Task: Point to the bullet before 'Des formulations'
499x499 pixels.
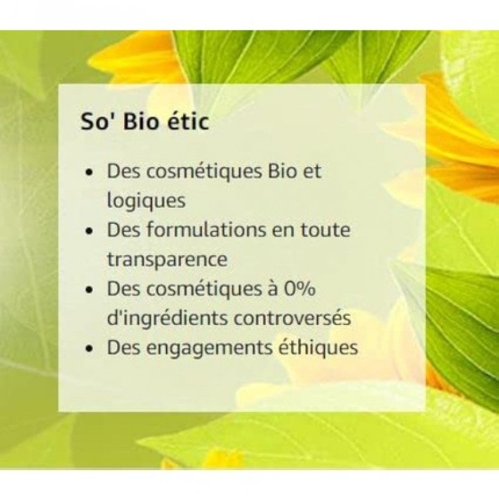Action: [x=91, y=231]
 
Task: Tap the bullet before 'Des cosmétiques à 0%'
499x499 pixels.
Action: [x=91, y=290]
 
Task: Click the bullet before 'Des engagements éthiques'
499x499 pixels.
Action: [x=91, y=349]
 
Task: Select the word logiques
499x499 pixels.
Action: [x=146, y=201]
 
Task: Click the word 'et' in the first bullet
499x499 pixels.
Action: [x=312, y=172]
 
